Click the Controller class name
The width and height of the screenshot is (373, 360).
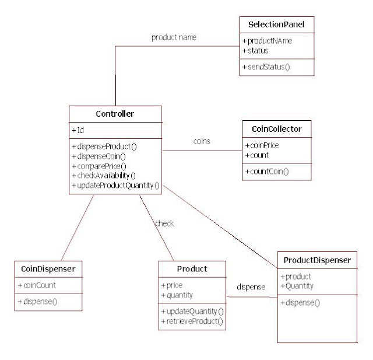[x=115, y=113]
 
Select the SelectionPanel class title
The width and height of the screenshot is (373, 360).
[x=277, y=25]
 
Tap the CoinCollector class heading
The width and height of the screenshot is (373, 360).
[x=277, y=128]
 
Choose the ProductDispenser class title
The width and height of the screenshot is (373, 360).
[x=317, y=260]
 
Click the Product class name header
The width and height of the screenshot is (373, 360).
[x=192, y=268]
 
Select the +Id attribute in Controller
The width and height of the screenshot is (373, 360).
[x=78, y=130]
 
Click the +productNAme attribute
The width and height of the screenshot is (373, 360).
[x=268, y=41]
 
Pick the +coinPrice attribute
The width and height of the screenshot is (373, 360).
[x=262, y=145]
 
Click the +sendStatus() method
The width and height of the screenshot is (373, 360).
[x=266, y=67]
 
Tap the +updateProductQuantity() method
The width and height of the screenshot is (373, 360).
[x=115, y=186]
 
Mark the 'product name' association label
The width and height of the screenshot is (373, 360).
[x=174, y=37]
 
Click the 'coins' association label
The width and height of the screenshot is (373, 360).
[x=202, y=141]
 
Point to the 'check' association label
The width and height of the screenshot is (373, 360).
[x=164, y=223]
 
